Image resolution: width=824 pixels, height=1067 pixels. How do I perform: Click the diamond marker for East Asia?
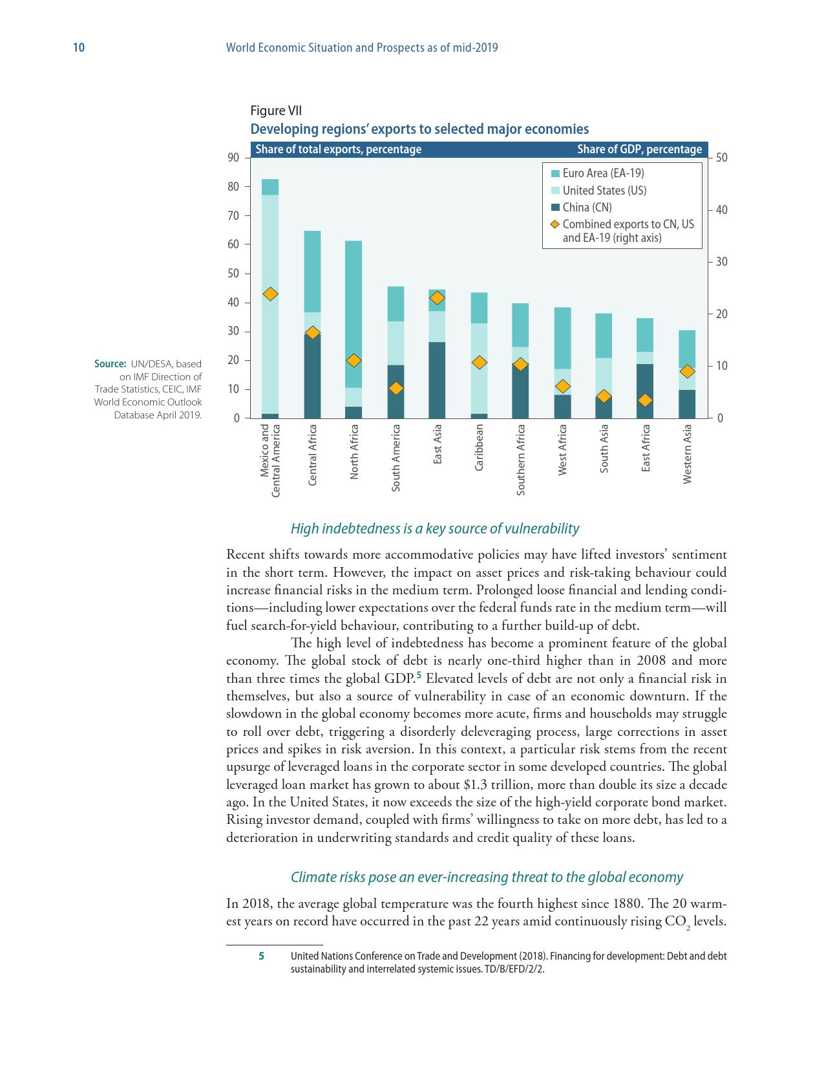point(438,298)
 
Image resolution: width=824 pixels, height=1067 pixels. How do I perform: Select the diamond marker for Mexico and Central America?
point(271,294)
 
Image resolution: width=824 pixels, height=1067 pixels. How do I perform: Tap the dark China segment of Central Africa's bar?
point(312,375)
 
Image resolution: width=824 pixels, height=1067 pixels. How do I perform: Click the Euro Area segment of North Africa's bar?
point(354,314)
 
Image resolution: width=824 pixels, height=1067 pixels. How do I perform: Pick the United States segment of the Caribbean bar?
point(479,368)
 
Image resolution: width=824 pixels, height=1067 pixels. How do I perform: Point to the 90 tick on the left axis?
point(233,158)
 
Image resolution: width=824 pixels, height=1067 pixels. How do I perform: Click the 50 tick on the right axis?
point(722,158)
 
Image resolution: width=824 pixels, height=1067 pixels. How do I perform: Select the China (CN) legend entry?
point(587,208)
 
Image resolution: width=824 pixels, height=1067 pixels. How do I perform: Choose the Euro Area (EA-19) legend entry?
point(603,173)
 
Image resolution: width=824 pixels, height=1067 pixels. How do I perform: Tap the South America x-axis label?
point(396,457)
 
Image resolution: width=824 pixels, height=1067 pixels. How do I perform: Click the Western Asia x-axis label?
point(688,453)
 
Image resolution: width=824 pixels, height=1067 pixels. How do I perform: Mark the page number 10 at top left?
point(79,48)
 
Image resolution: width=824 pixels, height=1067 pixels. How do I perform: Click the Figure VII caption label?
point(276,111)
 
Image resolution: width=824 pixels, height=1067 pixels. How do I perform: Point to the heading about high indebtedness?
point(434,528)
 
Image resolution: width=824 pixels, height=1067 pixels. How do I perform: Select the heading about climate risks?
point(486,877)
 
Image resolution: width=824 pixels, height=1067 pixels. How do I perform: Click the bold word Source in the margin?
point(109,364)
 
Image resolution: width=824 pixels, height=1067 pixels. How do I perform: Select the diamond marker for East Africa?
point(645,400)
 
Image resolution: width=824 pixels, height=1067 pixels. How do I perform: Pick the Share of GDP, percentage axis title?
point(639,149)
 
